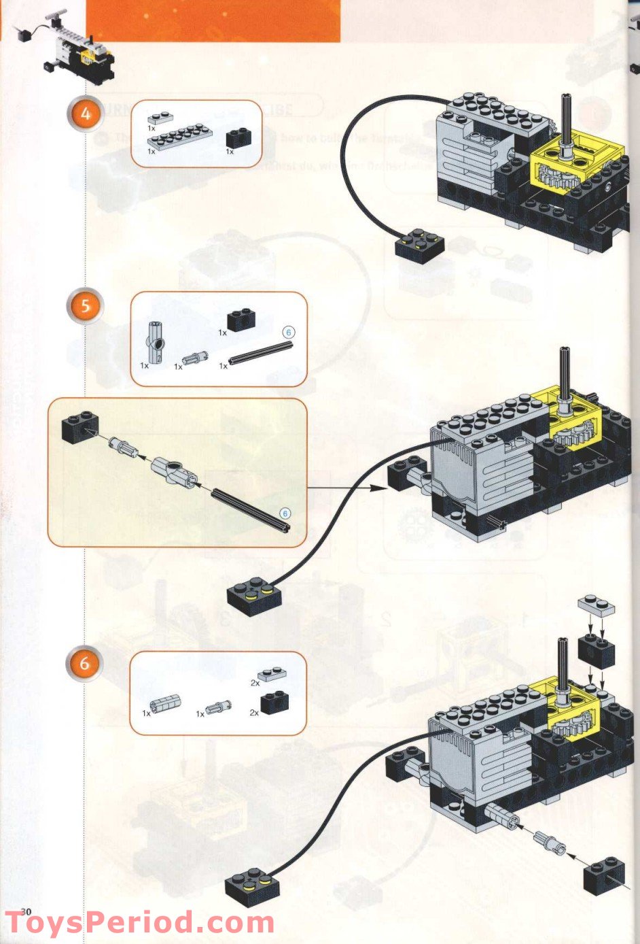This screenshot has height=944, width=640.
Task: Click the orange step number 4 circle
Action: pos(85,114)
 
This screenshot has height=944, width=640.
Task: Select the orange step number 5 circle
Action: pos(85,306)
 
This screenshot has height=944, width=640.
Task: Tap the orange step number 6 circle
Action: pos(85,663)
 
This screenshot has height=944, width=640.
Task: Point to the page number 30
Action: pos(26,911)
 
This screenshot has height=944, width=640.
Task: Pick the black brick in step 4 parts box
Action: pos(238,138)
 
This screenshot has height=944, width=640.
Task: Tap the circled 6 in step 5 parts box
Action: pos(288,333)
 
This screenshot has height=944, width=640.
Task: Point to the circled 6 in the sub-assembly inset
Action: pos(286,513)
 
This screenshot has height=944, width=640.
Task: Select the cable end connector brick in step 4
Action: pos(419,247)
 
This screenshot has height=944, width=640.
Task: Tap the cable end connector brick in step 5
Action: pos(255,597)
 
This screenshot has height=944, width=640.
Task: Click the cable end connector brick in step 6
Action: pos(253,888)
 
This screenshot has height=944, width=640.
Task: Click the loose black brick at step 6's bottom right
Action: pos(604,875)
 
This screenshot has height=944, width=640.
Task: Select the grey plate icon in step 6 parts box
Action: pos(271,674)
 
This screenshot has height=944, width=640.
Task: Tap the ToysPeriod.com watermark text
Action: pos(139,924)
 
